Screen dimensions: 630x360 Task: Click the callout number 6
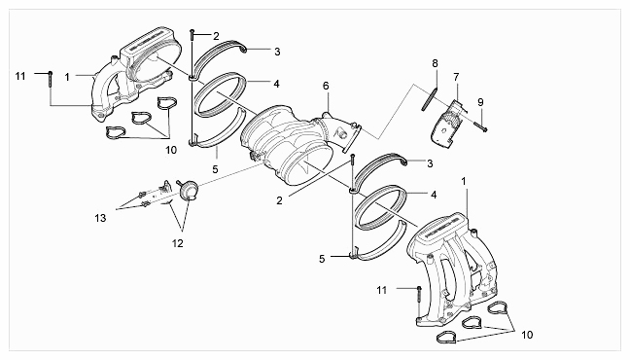[326, 86]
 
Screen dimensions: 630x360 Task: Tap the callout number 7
[456, 77]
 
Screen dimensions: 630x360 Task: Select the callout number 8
[435, 63]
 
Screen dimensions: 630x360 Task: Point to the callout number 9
[480, 102]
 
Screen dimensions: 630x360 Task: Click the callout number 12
[177, 243]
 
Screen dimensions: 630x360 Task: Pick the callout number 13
[100, 218]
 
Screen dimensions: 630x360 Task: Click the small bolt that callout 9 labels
[481, 126]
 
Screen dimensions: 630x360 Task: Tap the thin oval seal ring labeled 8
[429, 98]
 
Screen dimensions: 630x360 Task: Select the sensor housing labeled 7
[447, 124]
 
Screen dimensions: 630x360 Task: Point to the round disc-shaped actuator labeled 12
[189, 190]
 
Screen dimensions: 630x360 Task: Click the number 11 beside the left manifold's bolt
[20, 76]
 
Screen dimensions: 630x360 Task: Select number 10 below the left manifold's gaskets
[171, 150]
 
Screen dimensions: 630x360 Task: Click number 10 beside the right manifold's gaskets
[527, 335]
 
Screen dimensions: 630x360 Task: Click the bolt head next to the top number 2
[192, 31]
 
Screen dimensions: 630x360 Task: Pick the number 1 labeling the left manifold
[67, 77]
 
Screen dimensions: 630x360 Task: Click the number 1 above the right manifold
[464, 181]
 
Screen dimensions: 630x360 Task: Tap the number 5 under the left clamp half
[216, 169]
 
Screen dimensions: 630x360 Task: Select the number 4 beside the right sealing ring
[434, 195]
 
